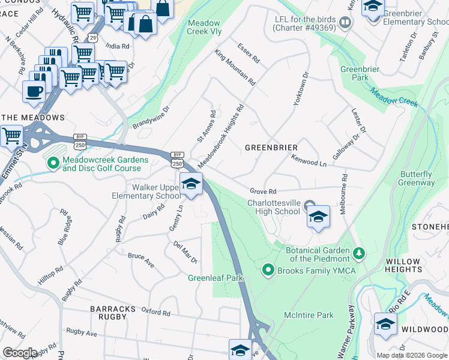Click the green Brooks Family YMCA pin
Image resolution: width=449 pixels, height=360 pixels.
[x=268, y=271]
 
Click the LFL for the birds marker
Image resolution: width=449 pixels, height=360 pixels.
[x=345, y=23]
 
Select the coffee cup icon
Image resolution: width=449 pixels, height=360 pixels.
[x=34, y=92]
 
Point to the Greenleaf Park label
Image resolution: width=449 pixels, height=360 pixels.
[x=215, y=278]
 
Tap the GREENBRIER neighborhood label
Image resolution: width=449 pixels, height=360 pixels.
[x=271, y=147]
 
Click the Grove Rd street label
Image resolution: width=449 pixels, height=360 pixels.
[x=262, y=191]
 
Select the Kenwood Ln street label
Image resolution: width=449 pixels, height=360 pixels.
[x=309, y=161]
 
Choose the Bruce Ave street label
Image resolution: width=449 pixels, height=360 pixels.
[x=141, y=260]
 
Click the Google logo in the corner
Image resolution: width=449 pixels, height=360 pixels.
[x=20, y=353]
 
